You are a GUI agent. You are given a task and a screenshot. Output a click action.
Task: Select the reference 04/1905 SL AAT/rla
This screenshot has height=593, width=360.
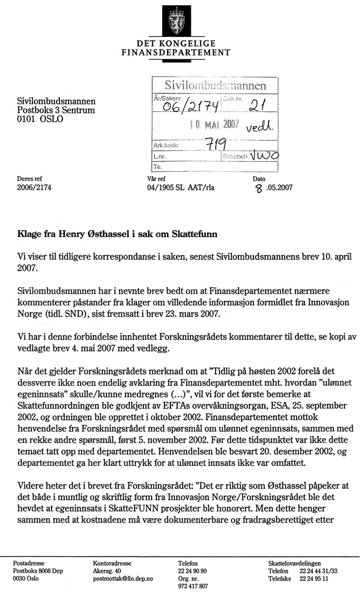(x=181, y=187)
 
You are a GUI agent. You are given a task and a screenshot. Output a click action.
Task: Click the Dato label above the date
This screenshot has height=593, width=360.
(x=259, y=178)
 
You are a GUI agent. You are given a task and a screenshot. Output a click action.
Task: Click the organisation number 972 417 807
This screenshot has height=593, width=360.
(x=193, y=586)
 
